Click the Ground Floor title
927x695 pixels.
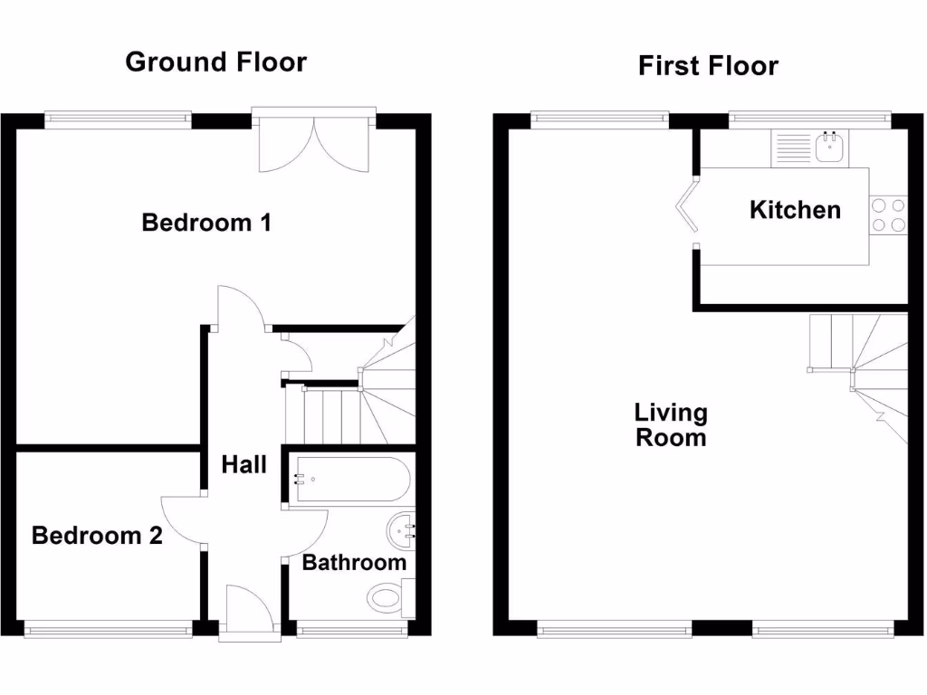(x=215, y=62)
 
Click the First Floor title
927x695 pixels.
(x=708, y=66)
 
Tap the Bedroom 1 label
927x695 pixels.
(x=206, y=222)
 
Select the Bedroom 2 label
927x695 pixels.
(x=97, y=536)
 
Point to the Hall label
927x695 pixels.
(x=244, y=464)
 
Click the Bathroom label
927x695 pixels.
(x=354, y=562)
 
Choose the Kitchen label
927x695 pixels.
(x=795, y=210)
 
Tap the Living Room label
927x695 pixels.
(x=671, y=425)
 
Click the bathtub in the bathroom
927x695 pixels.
(x=349, y=480)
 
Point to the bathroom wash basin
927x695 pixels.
(x=401, y=528)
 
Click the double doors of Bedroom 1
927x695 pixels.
(x=313, y=145)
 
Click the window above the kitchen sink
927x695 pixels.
(x=810, y=116)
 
